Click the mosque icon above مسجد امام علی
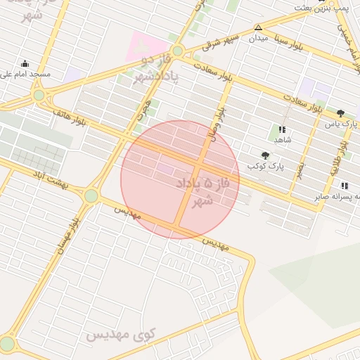pos(25,63)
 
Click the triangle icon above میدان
pos(258,27)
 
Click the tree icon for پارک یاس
pos(341,112)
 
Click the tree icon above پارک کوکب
pos(265,155)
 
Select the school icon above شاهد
pos(282,129)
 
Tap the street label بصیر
pos(300,169)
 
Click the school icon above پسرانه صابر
pos(344,186)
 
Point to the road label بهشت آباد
pos(46,180)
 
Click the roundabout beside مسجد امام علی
pos(39,95)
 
